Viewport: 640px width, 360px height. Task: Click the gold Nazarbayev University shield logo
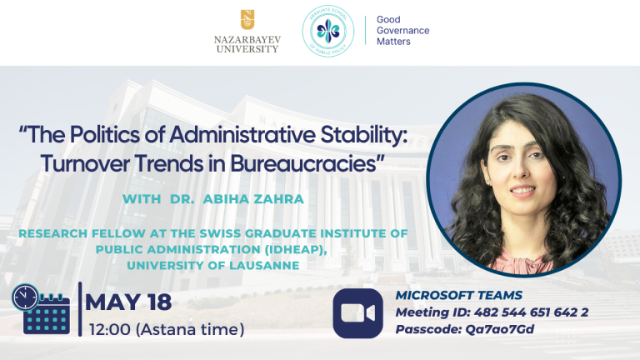pos(247,20)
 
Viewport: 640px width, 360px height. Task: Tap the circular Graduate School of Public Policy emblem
pos(328,31)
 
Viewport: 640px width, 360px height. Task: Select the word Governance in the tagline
pos(402,31)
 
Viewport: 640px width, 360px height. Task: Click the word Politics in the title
pos(104,135)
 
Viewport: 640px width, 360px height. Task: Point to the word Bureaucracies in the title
pos(303,164)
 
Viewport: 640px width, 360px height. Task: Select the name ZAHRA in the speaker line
pos(279,199)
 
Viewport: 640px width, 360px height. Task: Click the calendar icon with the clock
pos(41,309)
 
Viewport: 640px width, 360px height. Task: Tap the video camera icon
pos(358,313)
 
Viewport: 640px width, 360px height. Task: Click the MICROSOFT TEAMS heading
pos(459,295)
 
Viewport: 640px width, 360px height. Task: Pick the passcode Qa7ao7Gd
pos(500,329)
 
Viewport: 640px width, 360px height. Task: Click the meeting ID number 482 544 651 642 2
pos(531,312)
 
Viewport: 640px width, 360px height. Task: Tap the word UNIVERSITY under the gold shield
pos(247,49)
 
